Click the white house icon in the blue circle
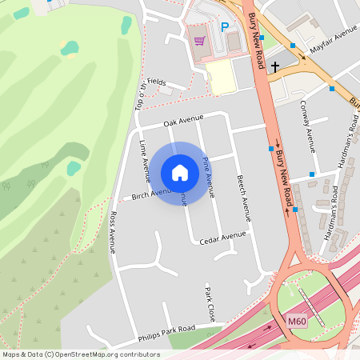180,173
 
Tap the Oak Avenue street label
184,122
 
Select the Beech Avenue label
243,198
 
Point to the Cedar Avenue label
222,237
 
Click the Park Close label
210,304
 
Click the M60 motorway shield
297,322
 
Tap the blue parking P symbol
225,27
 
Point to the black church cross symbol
275,67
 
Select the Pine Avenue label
208,177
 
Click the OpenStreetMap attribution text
81,354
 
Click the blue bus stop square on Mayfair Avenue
294,46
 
